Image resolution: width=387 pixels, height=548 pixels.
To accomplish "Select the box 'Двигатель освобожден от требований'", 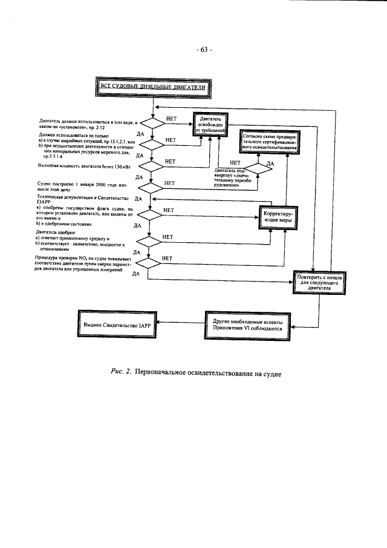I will tap(211, 124).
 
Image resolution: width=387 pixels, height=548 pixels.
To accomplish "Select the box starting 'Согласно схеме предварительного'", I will tap(270, 143).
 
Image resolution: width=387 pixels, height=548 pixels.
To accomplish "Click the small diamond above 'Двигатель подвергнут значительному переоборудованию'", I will tap(258, 169).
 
